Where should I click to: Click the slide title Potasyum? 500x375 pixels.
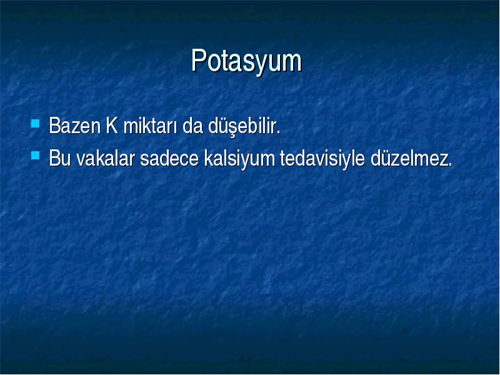(246, 61)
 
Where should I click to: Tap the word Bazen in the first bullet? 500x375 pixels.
(75, 126)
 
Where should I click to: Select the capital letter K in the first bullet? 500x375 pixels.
(112, 126)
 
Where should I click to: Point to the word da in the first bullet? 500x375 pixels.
(192, 126)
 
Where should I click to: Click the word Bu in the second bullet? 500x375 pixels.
(59, 158)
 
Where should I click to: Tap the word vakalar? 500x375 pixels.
(106, 158)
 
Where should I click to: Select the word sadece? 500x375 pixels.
(169, 158)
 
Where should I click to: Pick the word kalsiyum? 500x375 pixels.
(239, 159)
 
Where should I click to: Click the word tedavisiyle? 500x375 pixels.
(322, 159)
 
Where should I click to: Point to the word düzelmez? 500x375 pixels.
(411, 158)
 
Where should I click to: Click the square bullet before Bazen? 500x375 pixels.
(36, 123)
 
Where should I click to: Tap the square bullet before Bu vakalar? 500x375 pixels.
(36, 155)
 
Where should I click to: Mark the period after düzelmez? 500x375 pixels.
(450, 164)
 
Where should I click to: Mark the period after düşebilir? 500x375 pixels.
(278, 132)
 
